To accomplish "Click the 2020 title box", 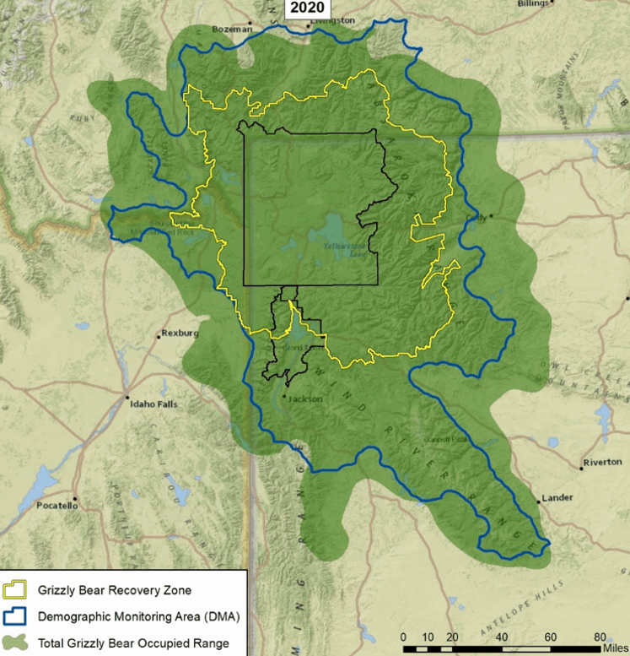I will click(306, 8).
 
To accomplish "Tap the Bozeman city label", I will click(232, 29).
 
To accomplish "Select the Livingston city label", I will click(333, 19).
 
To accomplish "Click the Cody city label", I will click(477, 217).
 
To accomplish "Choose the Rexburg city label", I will click(178, 333).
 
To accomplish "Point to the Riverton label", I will click(602, 462).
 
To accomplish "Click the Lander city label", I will click(557, 497).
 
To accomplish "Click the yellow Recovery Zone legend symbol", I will click(16, 588).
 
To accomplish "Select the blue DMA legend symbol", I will click(16, 616).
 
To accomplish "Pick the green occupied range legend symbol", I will click(16, 642).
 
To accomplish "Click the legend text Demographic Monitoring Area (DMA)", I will click(139, 616).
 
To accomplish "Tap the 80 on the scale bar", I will click(600, 637).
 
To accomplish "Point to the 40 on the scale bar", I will click(501, 637).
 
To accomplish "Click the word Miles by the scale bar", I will click(615, 648).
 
